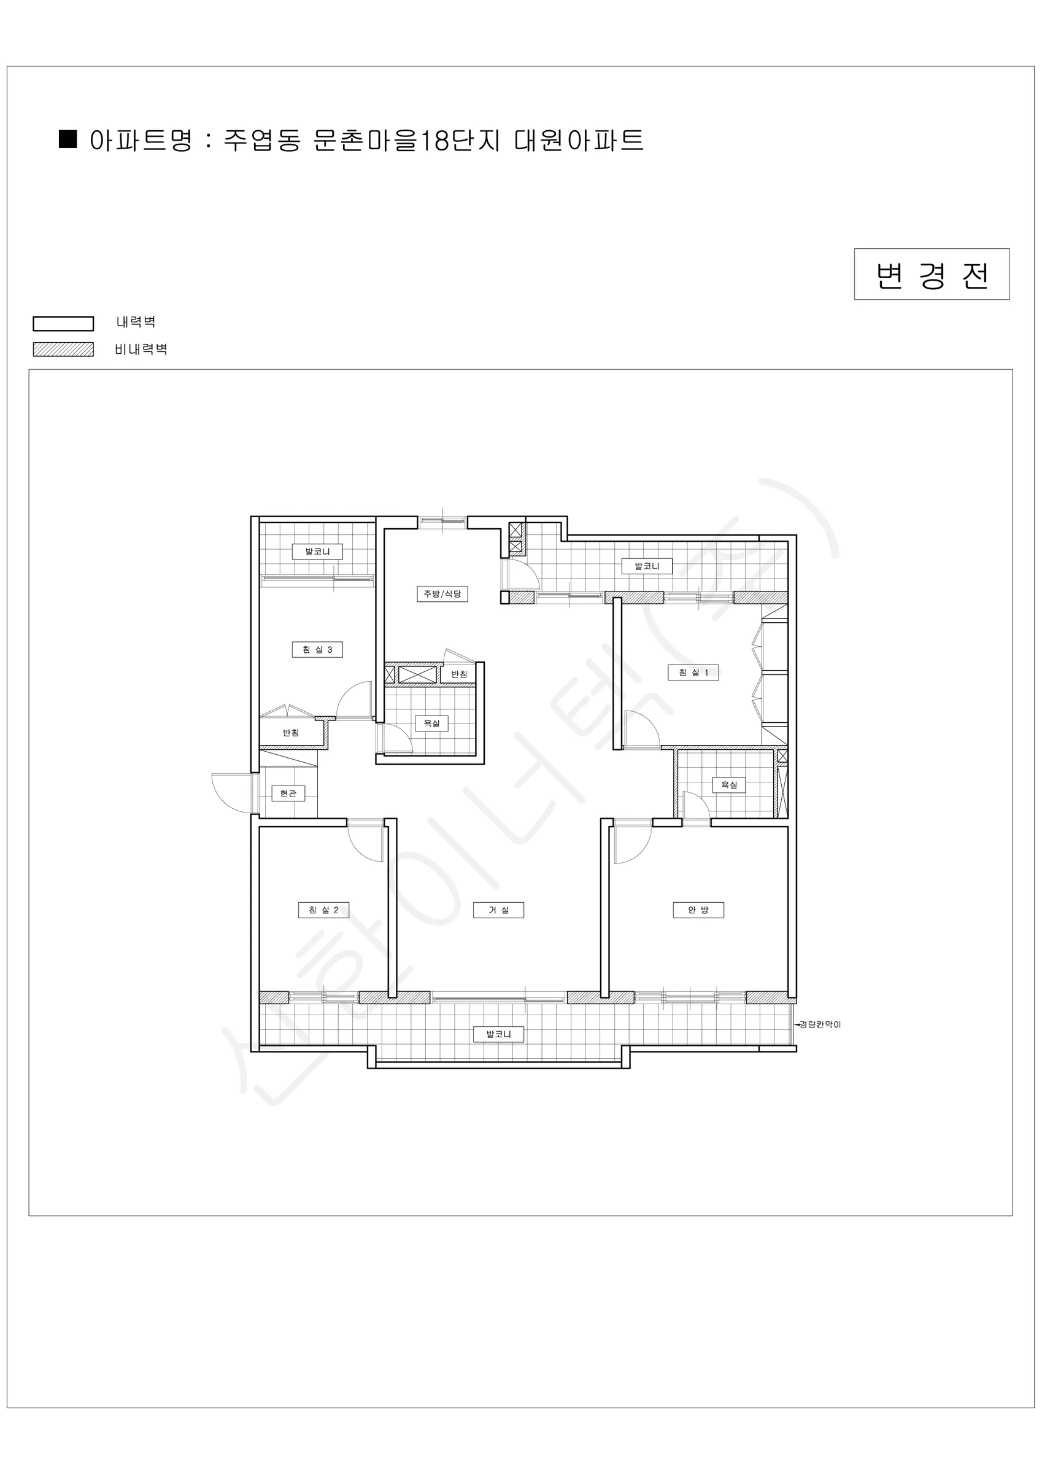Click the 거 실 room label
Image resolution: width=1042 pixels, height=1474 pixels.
[498, 910]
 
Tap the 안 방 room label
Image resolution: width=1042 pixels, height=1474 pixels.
[698, 910]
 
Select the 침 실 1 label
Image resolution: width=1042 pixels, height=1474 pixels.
[693, 672]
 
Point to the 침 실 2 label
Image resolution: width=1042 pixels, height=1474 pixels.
[323, 910]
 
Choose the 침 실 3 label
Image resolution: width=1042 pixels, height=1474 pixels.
[318, 649]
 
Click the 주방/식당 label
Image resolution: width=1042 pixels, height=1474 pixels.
[442, 593]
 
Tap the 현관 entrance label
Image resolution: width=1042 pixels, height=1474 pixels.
[288, 793]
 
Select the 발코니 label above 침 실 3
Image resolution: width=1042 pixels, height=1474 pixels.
[318, 552]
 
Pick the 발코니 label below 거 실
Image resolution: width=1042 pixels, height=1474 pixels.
[498, 1034]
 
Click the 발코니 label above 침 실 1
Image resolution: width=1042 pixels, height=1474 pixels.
[647, 566]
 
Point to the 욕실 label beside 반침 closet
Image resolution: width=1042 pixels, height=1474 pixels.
[431, 723]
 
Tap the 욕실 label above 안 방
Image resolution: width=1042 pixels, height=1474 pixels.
[729, 784]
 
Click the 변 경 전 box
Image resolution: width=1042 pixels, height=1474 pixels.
[932, 274]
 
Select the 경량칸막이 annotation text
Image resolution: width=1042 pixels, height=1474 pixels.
[819, 1024]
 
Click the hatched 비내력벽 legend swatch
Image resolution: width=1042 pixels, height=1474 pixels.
[64, 349]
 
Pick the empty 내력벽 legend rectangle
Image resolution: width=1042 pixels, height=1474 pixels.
[64, 324]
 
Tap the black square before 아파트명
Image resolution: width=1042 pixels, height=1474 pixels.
[68, 139]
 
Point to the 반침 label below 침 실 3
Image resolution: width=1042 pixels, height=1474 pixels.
[291, 733]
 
